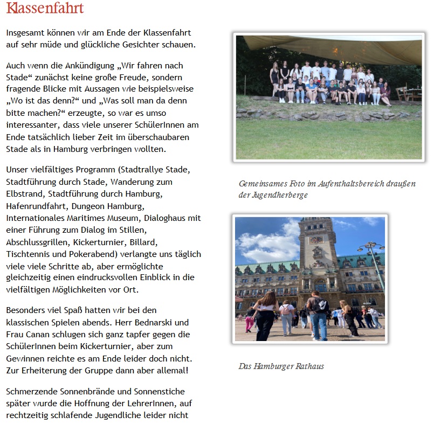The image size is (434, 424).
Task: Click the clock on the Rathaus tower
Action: (x=316, y=240)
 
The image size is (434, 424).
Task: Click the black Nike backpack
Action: (x=322, y=305)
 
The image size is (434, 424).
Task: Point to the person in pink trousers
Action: (x=250, y=322)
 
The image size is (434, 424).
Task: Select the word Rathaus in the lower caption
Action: (x=309, y=366)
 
